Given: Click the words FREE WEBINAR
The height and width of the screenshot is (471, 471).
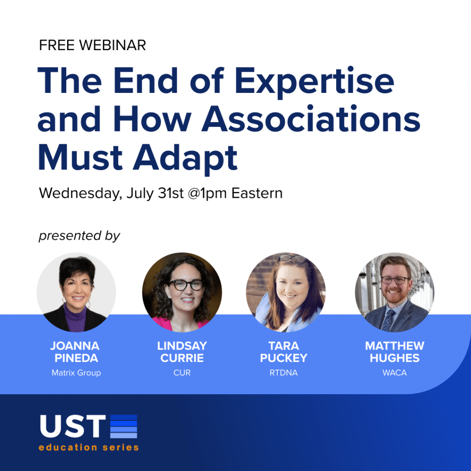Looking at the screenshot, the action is [92, 46].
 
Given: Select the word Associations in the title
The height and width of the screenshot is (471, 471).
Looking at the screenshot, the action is [311, 119].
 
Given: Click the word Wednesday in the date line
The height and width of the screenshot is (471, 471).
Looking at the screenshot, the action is [80, 194].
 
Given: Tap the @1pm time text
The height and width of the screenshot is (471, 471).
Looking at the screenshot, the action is [207, 193].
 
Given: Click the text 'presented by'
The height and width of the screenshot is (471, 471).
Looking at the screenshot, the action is [79, 236].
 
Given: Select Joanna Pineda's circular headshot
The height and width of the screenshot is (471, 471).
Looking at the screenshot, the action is [76, 292].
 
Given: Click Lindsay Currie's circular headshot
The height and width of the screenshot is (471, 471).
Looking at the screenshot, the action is [182, 292].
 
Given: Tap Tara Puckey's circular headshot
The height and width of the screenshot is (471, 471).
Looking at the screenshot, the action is [286, 292].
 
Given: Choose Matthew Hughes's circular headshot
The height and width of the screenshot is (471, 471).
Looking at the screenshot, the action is [394, 292].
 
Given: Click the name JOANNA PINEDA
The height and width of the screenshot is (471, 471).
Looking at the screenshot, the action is [75, 352].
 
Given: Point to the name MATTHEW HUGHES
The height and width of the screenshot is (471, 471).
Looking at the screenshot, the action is [394, 352].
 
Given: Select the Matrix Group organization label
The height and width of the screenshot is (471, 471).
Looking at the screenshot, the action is [76, 373].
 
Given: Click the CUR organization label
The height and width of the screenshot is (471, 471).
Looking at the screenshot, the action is [182, 373].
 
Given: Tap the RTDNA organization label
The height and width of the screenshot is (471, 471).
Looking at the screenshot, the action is [283, 373].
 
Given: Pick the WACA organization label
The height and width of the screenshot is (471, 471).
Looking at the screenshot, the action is [394, 373].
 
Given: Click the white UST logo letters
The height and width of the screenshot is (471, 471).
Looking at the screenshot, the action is [73, 426].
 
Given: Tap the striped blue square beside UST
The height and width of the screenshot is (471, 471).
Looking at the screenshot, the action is [124, 426].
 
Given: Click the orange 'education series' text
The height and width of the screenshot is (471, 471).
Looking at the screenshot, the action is [89, 448].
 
